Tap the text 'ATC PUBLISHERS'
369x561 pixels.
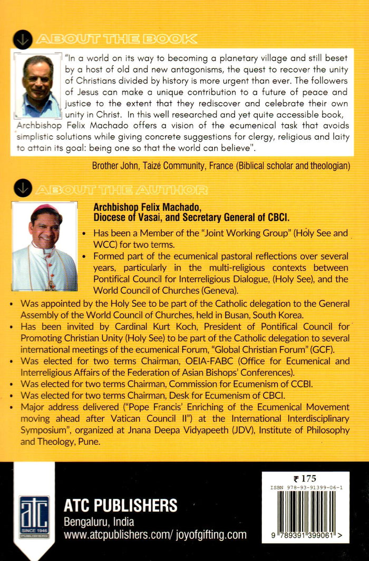click(120, 506)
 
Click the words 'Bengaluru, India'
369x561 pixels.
click(99, 522)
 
